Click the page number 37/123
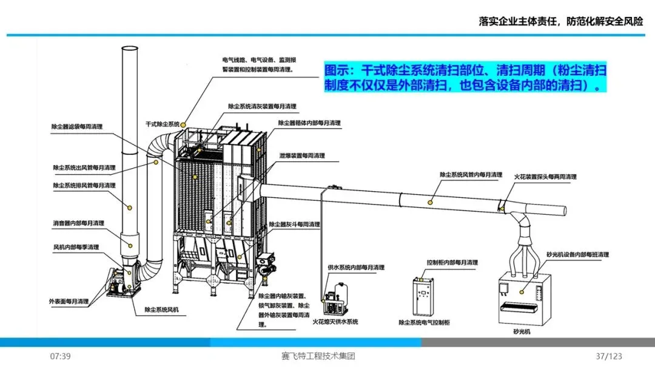coord(609,356)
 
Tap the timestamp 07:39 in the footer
coord(61,356)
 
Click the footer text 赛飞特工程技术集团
coord(318,356)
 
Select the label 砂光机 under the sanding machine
coord(521,332)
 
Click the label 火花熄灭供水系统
coord(335,322)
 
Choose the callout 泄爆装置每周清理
coord(302,155)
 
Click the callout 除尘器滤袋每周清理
coord(77,127)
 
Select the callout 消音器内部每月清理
coord(78,223)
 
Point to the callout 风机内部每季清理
coord(76,247)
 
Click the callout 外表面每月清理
coord(69,301)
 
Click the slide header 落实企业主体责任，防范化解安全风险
coord(560,21)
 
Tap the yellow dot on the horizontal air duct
coord(431,200)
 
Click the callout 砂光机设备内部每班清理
coord(577,255)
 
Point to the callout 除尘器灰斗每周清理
coord(294,225)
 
